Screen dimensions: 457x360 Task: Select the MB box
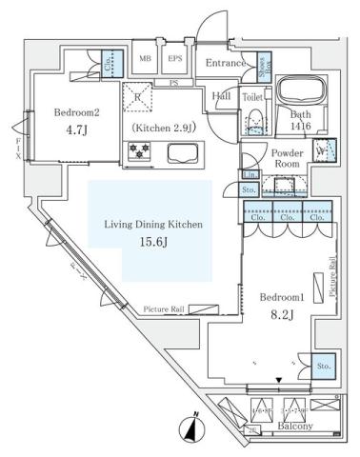[x=146, y=58]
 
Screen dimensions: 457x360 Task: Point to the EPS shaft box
[x=175, y=58]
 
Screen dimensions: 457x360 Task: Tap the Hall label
[x=222, y=95]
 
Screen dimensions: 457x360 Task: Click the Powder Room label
[x=287, y=157]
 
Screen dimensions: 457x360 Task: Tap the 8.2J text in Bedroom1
[x=281, y=316]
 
